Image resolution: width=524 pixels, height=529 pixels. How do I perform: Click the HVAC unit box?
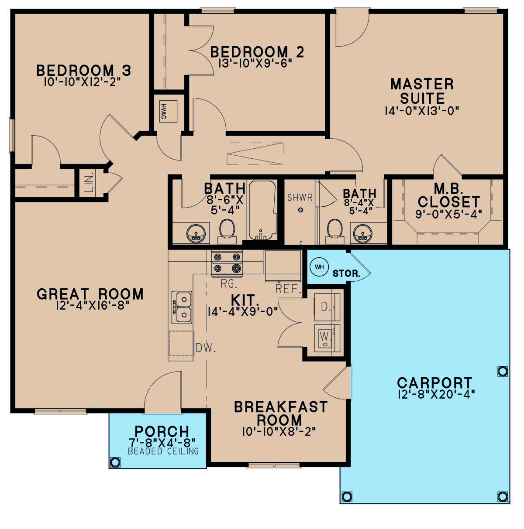pos(168,112)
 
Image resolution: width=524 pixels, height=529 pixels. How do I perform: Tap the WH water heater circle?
pos(319,266)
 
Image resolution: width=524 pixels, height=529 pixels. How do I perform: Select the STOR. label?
pos(346,274)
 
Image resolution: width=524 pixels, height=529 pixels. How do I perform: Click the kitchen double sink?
pos(182,307)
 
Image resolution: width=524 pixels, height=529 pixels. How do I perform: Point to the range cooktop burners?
pos(227,263)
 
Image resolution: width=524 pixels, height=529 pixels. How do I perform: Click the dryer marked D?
pos(327,307)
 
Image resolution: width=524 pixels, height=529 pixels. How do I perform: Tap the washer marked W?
pos(327,338)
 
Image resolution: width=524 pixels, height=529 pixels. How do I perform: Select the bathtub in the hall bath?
pos(262,211)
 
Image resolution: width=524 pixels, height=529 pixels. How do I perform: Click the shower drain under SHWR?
pos(300,210)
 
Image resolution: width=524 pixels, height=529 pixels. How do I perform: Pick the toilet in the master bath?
pos(334,231)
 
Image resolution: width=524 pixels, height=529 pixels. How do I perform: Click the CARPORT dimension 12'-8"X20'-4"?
pos(436,395)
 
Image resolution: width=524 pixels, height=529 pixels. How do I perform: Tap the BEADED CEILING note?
pos(163,451)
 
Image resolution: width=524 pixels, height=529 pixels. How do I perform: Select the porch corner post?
pos(115,462)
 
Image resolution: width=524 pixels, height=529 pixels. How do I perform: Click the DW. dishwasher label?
pos(206,348)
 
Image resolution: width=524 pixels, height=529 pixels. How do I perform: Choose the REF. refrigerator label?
pos(288,289)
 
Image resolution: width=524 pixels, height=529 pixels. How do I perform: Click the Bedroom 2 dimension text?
pos(255,63)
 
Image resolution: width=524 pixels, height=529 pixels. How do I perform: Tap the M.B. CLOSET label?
pos(448,195)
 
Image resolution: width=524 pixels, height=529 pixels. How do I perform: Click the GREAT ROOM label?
pos(90,294)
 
